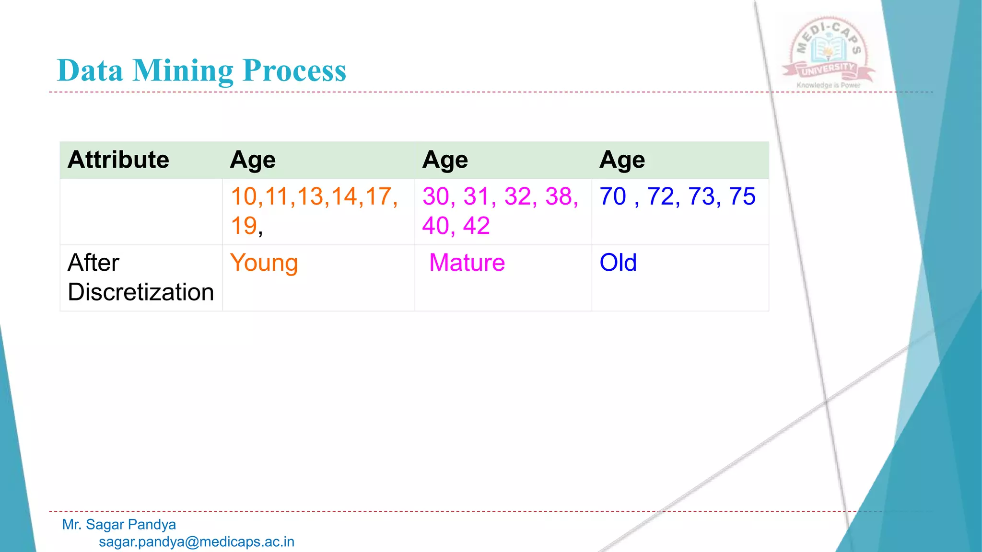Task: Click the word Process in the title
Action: click(294, 71)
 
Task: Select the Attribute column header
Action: click(118, 160)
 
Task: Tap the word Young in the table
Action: click(264, 263)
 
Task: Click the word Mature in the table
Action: click(467, 263)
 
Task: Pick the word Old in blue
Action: click(618, 263)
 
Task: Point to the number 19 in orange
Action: click(244, 226)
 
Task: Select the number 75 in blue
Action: click(742, 196)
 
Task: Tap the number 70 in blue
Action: click(613, 196)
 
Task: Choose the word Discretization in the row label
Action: click(140, 292)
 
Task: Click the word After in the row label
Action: click(94, 263)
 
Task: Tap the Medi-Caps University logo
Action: click(829, 50)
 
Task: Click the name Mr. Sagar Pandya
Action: click(119, 525)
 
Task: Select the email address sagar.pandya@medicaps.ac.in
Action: click(197, 542)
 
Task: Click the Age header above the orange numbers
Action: click(253, 160)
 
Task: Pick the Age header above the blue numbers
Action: click(622, 160)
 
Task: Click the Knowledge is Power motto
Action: click(829, 85)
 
